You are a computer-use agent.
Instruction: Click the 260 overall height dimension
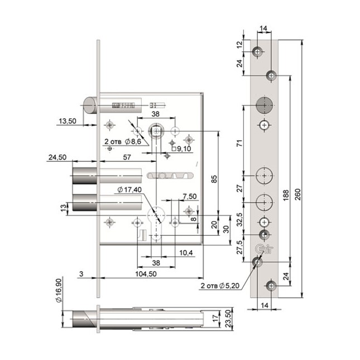click(x=297, y=194)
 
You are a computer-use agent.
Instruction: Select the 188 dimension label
click(x=286, y=195)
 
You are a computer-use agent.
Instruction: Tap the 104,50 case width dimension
click(x=146, y=274)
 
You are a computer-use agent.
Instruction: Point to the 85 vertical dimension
click(x=214, y=179)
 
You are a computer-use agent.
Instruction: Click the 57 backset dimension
click(x=127, y=157)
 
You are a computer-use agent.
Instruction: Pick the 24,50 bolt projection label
click(x=57, y=157)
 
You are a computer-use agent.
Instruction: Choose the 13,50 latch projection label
click(x=68, y=121)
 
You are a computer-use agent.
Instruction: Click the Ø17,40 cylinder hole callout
click(x=129, y=190)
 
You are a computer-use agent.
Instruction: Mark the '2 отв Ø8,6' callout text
click(x=123, y=142)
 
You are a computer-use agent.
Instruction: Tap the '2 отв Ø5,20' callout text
click(x=220, y=286)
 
